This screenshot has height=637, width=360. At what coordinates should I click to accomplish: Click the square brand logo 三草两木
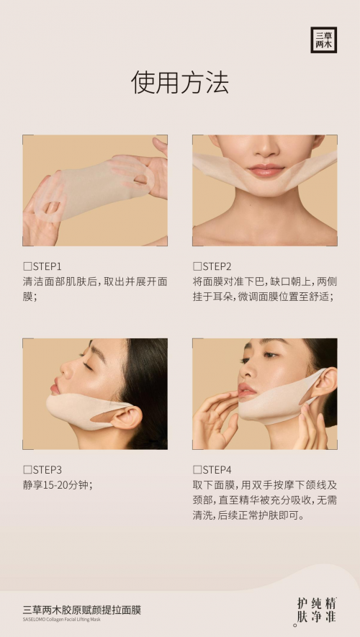click(323, 40)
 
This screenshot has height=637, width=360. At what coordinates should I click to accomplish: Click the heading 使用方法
click(180, 82)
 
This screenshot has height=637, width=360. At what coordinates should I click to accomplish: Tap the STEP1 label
click(47, 266)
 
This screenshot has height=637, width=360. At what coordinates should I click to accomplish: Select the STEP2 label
click(217, 266)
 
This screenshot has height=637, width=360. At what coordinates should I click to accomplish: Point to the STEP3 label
click(47, 470)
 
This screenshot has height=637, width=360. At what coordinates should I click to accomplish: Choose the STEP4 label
click(217, 470)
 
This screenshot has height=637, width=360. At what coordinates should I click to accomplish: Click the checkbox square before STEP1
click(27, 267)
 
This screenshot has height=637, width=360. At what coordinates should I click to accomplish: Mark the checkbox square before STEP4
click(197, 470)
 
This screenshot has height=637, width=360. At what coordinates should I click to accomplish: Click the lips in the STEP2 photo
click(266, 170)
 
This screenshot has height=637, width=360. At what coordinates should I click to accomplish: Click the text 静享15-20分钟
click(58, 485)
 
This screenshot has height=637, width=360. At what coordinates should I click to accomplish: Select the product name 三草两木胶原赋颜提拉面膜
click(82, 610)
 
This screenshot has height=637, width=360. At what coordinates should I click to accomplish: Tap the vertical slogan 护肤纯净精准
click(317, 610)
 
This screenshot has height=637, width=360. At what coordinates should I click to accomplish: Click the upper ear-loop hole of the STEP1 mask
click(140, 179)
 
